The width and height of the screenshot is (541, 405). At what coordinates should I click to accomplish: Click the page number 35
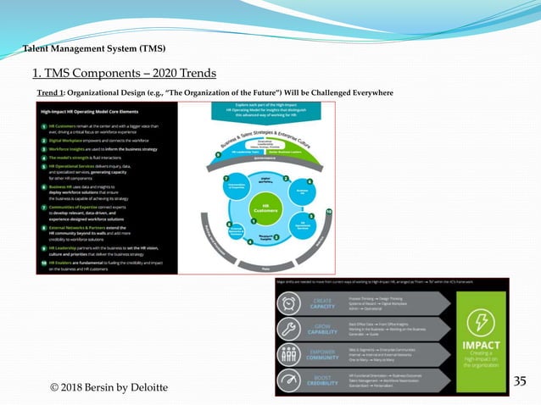coord(521,382)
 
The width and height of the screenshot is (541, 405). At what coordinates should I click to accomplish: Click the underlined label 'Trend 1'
coord(52,91)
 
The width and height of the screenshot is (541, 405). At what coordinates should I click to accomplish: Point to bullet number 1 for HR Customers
coord(42,125)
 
